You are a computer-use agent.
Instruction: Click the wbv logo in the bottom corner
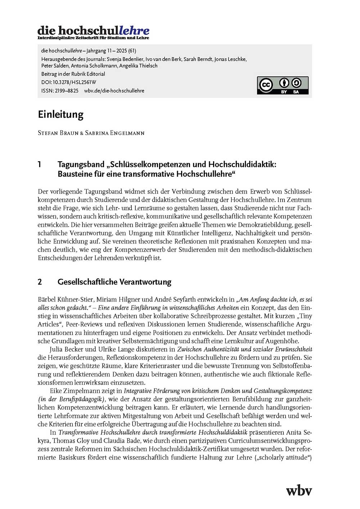[x=299, y=490]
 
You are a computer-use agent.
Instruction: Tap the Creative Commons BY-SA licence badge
[x=283, y=85]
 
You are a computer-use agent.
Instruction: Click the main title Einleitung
[x=60, y=114]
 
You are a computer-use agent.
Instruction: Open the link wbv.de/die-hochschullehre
[x=114, y=91]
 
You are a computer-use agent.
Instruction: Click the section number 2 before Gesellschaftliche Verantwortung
[x=40, y=282]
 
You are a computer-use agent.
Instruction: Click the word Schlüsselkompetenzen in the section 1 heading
[x=149, y=165]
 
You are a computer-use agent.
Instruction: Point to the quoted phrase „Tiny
[x=303, y=316]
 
